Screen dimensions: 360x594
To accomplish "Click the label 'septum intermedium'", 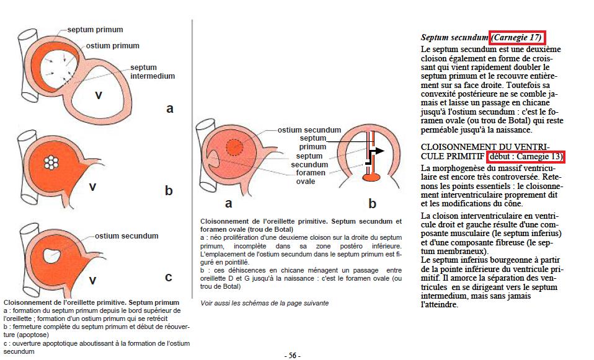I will (x=153, y=71).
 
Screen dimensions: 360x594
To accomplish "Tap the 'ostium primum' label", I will (x=112, y=45).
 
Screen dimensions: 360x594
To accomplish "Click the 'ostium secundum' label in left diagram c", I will (x=126, y=235).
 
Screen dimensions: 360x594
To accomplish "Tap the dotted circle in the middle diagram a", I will (x=234, y=147).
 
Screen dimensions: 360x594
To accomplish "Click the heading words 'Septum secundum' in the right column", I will (x=454, y=38).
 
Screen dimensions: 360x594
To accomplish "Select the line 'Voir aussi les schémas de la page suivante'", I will (x=265, y=303).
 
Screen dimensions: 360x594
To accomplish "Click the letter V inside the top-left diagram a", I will (x=97, y=95).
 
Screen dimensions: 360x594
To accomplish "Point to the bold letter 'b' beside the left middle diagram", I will (x=169, y=191).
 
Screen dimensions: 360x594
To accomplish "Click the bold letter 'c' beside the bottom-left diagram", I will (x=169, y=276).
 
